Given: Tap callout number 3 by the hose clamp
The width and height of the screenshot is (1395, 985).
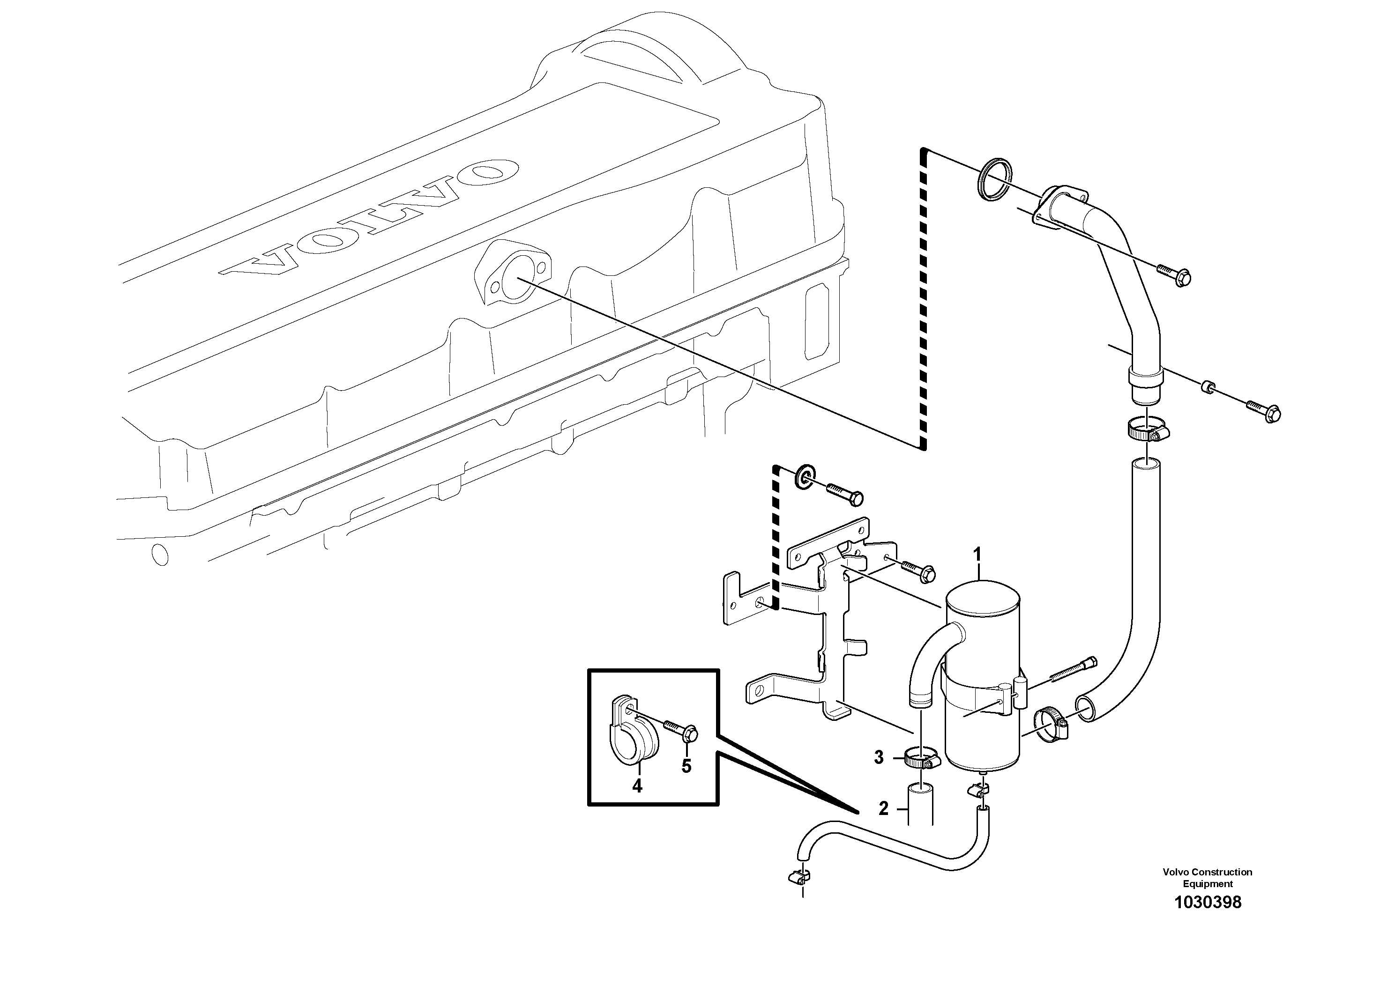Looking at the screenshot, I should [879, 757].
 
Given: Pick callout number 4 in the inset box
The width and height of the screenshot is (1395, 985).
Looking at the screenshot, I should [637, 786].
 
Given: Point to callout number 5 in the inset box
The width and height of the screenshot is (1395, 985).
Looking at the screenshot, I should [686, 766].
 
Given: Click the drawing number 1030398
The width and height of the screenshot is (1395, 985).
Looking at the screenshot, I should [1207, 919].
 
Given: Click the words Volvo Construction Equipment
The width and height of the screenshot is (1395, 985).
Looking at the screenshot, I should [1207, 878].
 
